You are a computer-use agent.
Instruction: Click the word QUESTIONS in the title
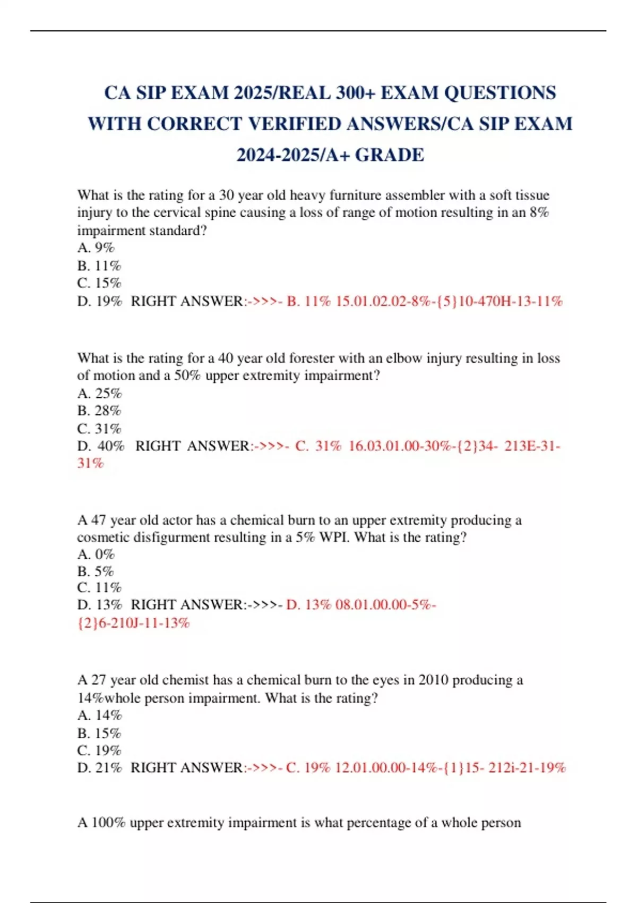(500, 93)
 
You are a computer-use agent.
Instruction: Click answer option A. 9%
(96, 248)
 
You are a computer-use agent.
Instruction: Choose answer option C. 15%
(99, 283)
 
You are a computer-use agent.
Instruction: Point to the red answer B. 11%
(308, 301)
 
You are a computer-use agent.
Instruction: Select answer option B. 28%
(99, 410)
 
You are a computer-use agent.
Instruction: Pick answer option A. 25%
(99, 393)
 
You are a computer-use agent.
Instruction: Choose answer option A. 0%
(96, 554)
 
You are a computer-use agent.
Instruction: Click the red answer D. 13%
(308, 604)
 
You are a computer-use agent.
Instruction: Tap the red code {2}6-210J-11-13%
(133, 623)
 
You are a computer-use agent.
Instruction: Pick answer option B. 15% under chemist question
(99, 733)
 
